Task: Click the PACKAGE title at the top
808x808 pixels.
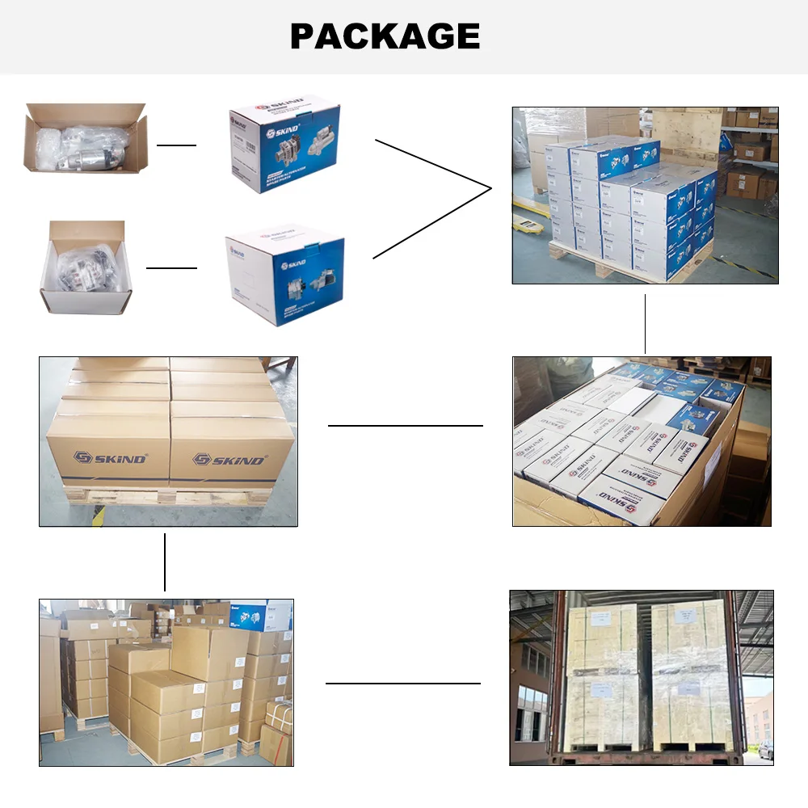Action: point(385,36)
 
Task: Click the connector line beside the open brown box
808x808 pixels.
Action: point(176,145)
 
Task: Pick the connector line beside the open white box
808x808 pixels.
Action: point(171,267)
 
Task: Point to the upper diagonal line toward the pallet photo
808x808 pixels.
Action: point(433,164)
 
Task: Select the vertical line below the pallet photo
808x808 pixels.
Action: point(646,323)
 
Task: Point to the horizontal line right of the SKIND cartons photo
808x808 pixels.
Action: point(405,425)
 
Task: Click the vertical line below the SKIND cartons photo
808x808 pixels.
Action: point(165,562)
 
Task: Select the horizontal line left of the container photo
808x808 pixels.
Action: point(402,684)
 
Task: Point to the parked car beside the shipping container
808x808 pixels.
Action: point(766,750)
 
